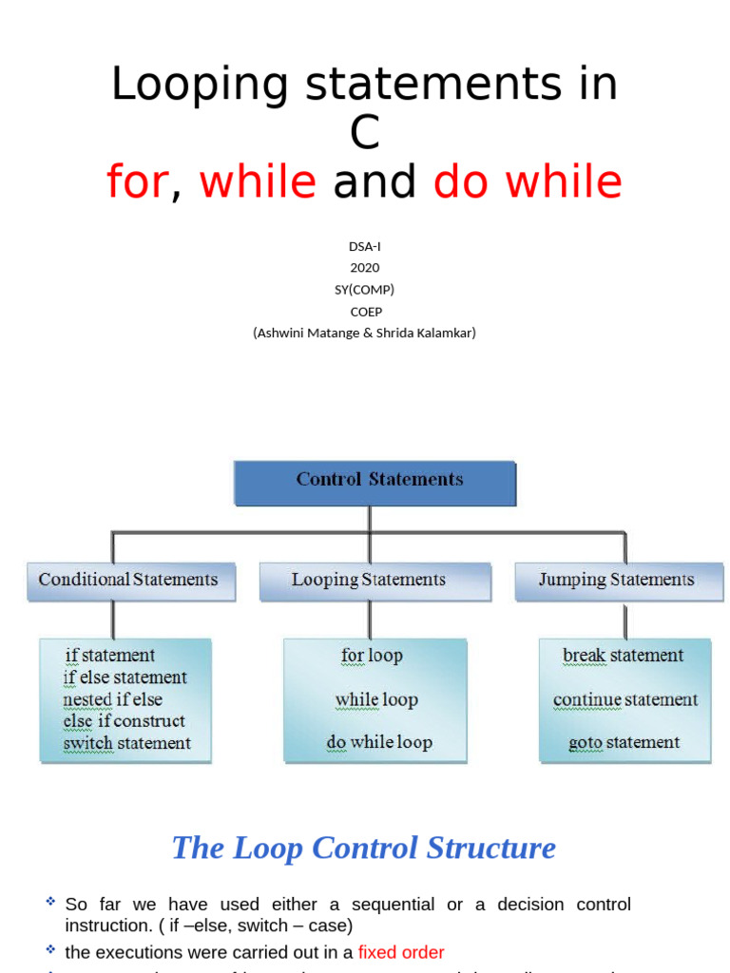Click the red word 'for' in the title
coord(137,181)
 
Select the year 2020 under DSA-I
coord(364,267)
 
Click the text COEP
coord(364,311)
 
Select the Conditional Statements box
coord(130,581)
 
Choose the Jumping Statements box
coord(619,581)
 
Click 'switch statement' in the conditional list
coord(126,743)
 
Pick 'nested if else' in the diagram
coord(112,699)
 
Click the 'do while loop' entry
coord(379,742)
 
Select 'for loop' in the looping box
coord(372,656)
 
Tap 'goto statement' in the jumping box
coord(624,742)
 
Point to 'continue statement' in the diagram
coord(625,700)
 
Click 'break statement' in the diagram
coord(623,656)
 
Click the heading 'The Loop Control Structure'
coord(364,848)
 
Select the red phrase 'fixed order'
coord(400,951)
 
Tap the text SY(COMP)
coord(364,289)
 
